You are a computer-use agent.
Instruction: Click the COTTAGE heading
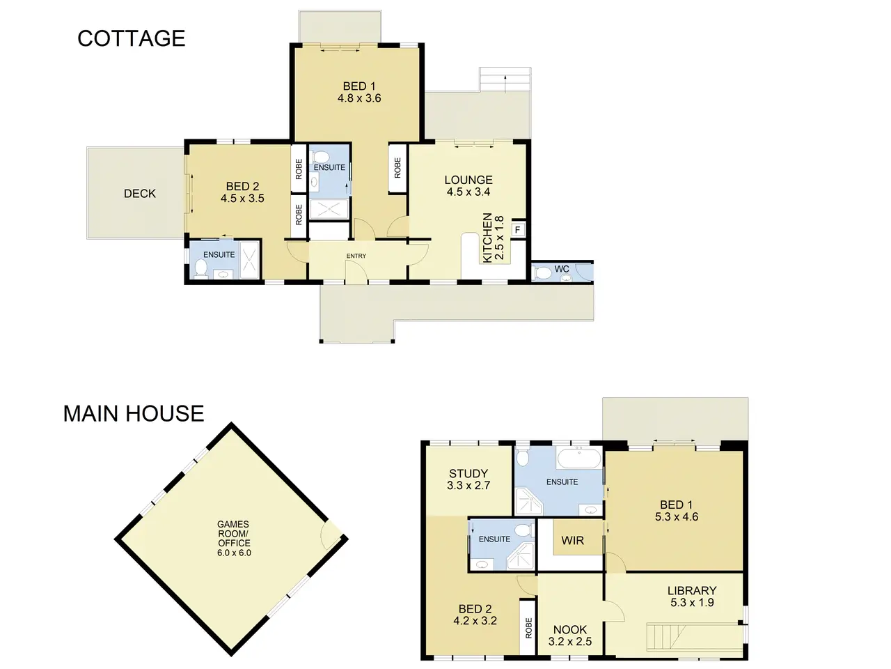click(x=131, y=38)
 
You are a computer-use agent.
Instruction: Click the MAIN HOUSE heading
click(x=134, y=413)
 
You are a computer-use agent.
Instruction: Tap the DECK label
click(x=140, y=193)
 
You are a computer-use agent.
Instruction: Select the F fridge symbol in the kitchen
click(x=518, y=229)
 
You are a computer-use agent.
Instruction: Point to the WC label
click(x=562, y=268)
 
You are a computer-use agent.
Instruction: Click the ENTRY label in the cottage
click(x=356, y=256)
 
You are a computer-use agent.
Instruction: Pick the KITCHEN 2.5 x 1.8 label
click(x=493, y=238)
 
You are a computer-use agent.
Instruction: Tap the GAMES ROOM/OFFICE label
click(x=233, y=538)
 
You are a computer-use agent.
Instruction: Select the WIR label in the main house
click(x=572, y=540)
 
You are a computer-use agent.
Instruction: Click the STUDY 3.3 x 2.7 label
click(x=468, y=479)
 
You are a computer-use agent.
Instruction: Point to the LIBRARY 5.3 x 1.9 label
click(x=692, y=597)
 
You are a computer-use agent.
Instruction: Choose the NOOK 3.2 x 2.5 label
click(x=570, y=636)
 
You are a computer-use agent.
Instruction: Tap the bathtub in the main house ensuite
click(x=579, y=458)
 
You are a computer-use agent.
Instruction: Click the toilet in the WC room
click(x=542, y=272)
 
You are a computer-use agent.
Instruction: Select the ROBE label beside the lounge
click(x=397, y=167)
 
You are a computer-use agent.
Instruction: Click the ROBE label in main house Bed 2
click(x=528, y=628)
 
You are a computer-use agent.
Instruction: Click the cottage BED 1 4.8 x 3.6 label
click(x=359, y=92)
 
